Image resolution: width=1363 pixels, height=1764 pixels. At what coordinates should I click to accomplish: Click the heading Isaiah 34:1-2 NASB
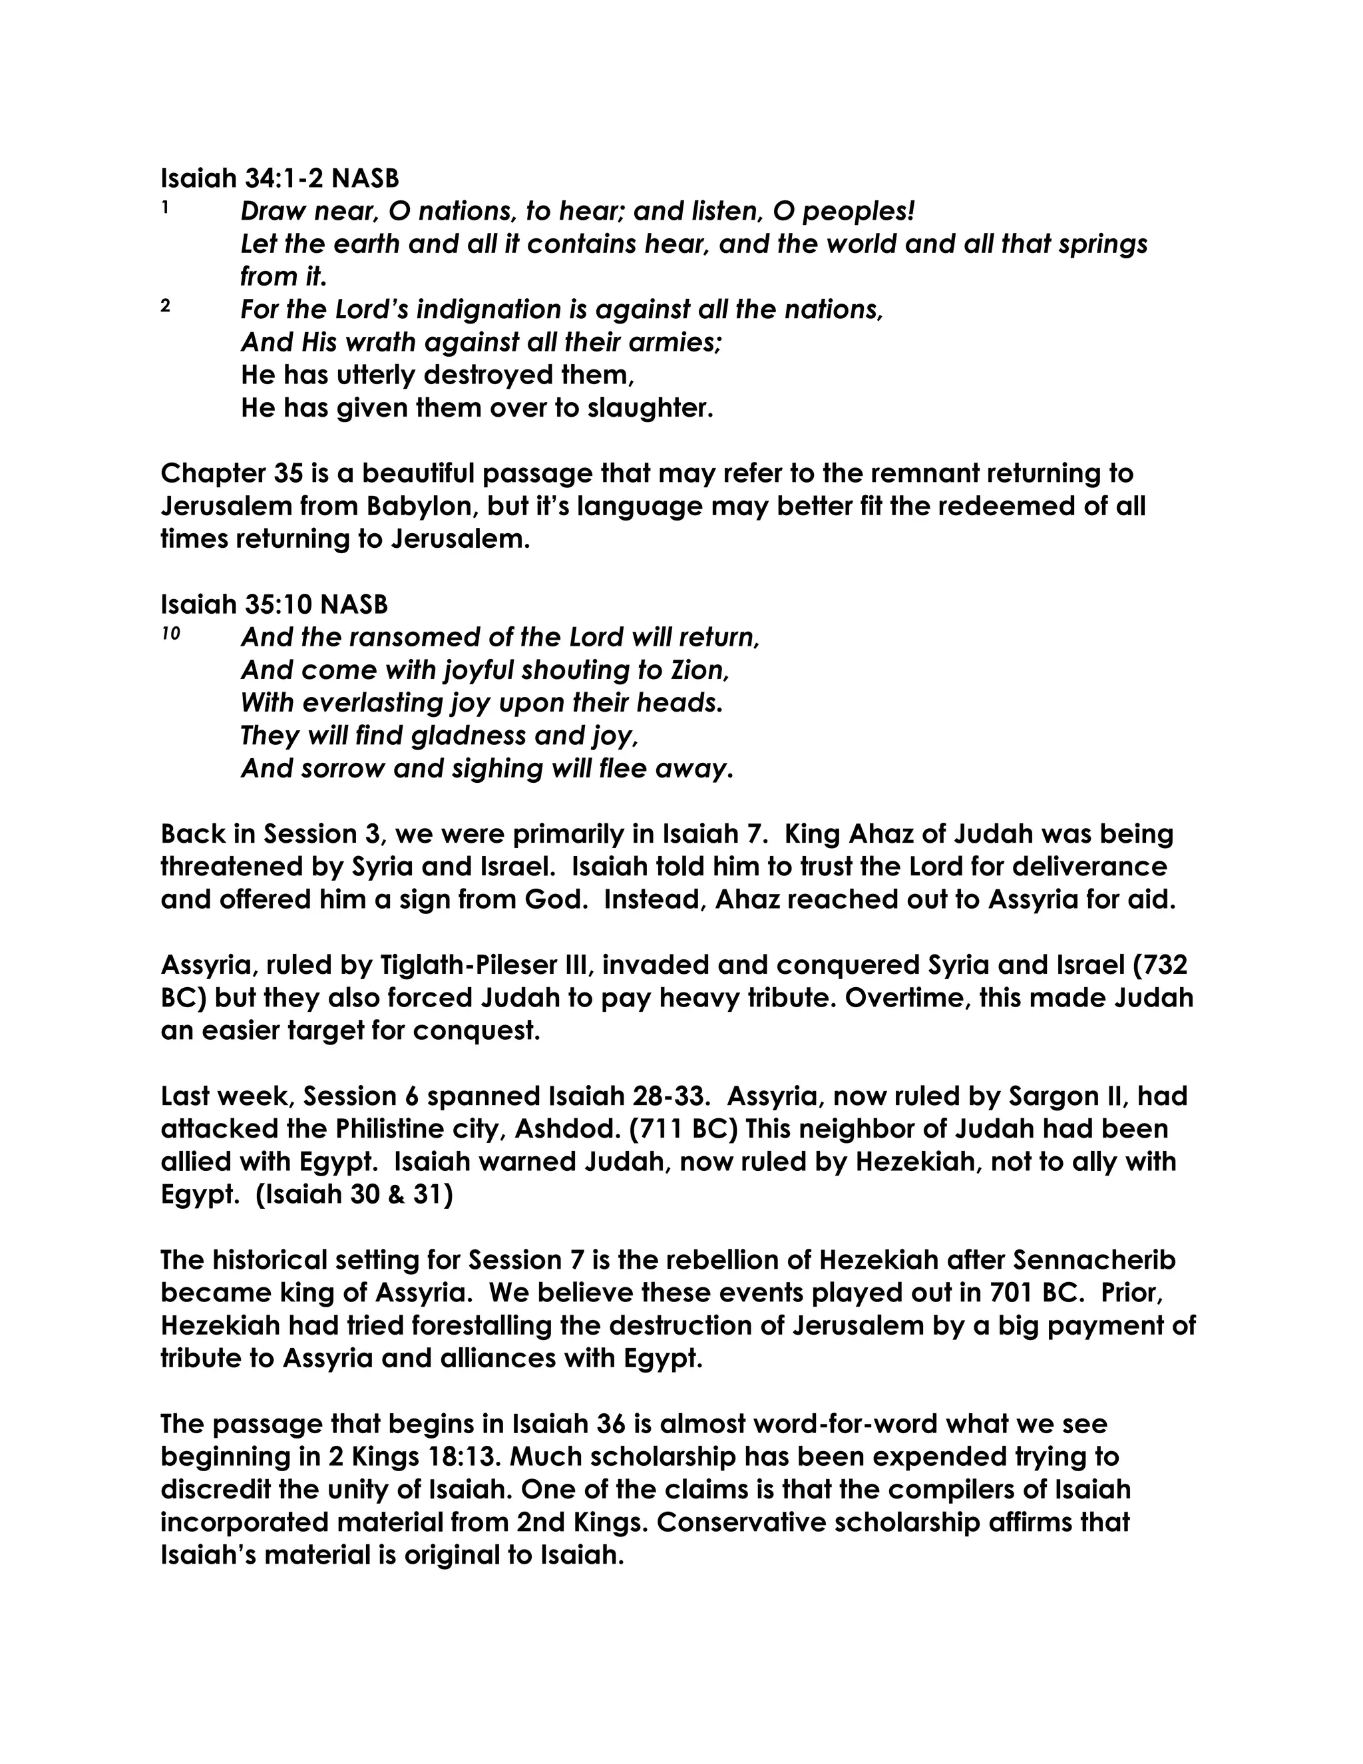click(x=280, y=178)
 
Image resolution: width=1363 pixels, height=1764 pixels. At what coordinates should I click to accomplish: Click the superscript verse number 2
click(x=166, y=306)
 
